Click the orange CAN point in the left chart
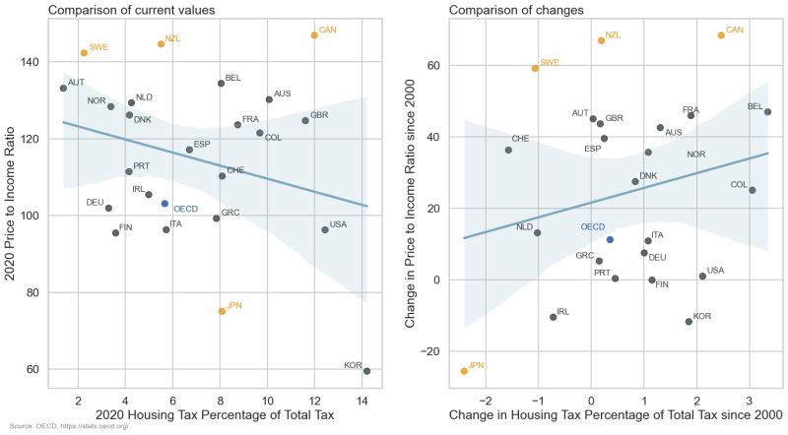pyautogui.click(x=314, y=35)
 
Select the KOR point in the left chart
pyautogui.click(x=366, y=371)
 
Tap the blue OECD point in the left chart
pyautogui.click(x=164, y=204)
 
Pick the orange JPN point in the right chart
pyautogui.click(x=464, y=371)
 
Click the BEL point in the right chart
pyautogui.click(x=767, y=112)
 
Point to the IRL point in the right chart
pyautogui.click(x=553, y=317)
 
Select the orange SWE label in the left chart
pyautogui.click(x=98, y=47)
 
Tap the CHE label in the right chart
pyautogui.click(x=520, y=139)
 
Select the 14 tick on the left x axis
pyautogui.click(x=361, y=401)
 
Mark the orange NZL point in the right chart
pyautogui.click(x=601, y=40)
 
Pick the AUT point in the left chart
pyautogui.click(x=63, y=88)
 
